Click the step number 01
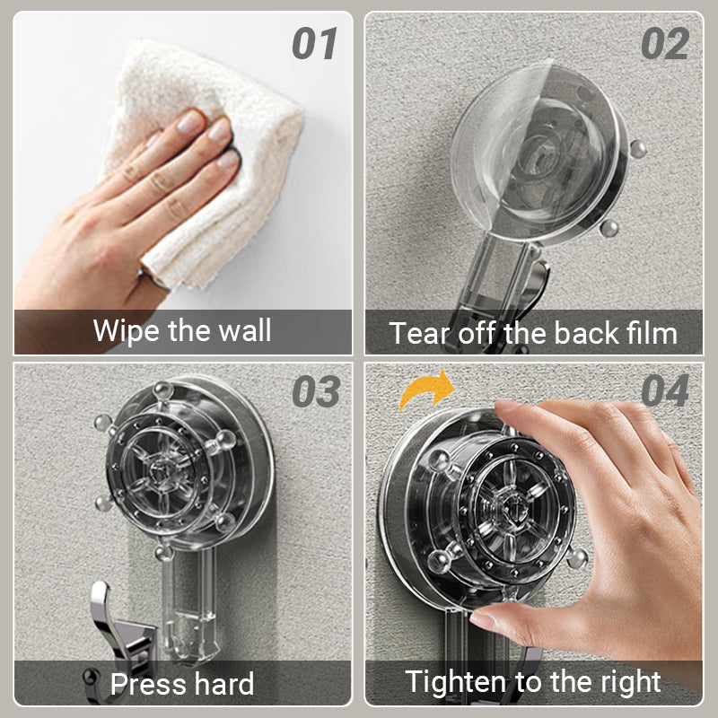[x=315, y=43]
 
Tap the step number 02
[x=665, y=43]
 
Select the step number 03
[x=316, y=391]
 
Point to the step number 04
[x=665, y=390]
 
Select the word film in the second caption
[x=652, y=332]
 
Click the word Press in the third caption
[x=147, y=684]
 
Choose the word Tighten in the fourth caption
[x=456, y=682]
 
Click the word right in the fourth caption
[x=631, y=682]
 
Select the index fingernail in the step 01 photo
[x=190, y=122]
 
